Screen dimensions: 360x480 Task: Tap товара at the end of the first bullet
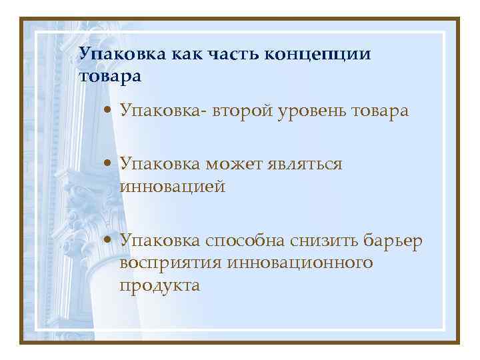pos(394,111)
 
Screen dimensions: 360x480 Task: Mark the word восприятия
pos(170,263)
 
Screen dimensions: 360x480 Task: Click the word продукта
pos(160,286)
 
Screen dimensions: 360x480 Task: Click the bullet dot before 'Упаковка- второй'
pos(109,111)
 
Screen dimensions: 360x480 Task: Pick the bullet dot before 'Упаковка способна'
pos(109,241)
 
